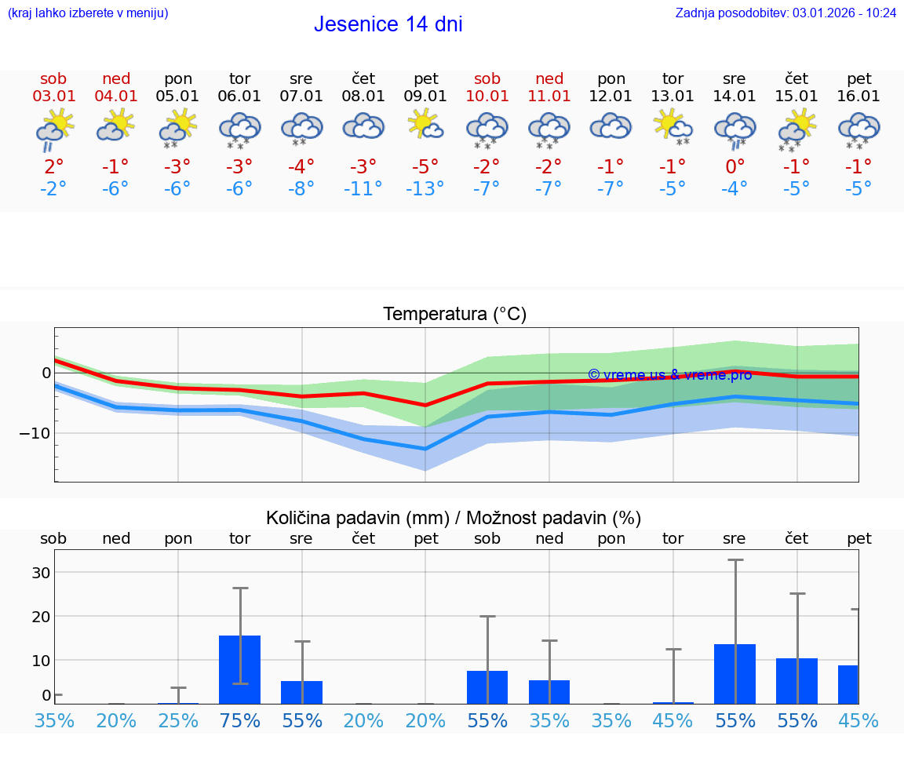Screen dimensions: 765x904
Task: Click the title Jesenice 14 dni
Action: point(388,24)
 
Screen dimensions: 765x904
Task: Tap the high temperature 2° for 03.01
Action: point(53,167)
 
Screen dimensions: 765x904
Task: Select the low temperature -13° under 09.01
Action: point(425,189)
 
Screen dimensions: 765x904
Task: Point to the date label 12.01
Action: point(611,97)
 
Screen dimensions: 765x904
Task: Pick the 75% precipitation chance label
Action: point(239,720)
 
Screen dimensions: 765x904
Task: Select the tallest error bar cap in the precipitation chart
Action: point(735,560)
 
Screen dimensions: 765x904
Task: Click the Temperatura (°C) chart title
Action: point(454,315)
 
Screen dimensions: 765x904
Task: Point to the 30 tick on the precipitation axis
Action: point(41,573)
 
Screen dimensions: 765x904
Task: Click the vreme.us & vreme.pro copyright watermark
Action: point(669,375)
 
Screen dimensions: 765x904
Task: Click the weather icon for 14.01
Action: point(734,128)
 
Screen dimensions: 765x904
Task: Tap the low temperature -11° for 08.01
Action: point(363,189)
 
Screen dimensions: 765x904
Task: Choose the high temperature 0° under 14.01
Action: point(734,167)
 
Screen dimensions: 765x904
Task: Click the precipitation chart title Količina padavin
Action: point(454,518)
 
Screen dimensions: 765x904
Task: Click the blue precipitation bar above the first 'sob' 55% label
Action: point(487,687)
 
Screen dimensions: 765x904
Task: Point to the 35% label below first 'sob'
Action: point(54,720)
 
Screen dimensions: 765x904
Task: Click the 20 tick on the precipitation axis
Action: point(41,617)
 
